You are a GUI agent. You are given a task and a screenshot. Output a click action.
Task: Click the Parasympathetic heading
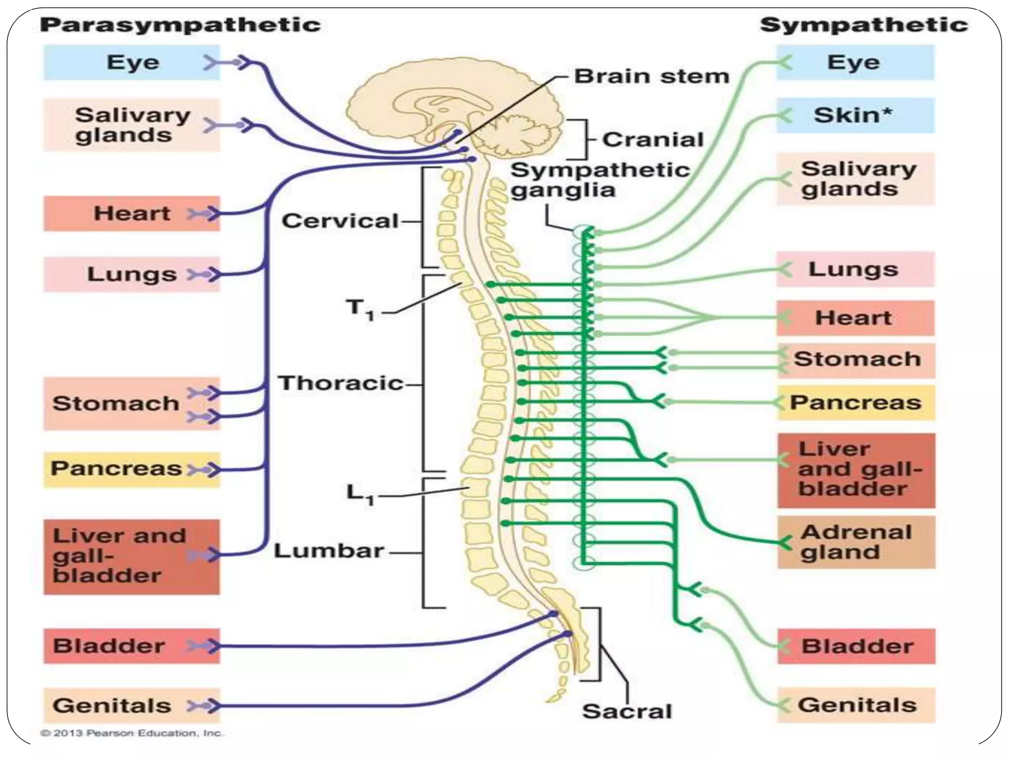pyautogui.click(x=180, y=25)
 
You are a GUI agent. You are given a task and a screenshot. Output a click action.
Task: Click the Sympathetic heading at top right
pyautogui.click(x=864, y=25)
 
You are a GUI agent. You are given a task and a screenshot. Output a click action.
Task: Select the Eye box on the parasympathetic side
pyautogui.click(x=132, y=63)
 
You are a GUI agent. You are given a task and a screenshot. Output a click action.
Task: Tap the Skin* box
pyautogui.click(x=855, y=115)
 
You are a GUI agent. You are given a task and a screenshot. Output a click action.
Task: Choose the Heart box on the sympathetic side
pyautogui.click(x=855, y=318)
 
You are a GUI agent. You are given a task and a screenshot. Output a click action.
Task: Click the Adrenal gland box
pyautogui.click(x=856, y=542)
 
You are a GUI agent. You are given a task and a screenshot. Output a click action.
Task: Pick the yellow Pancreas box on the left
pyautogui.click(x=131, y=469)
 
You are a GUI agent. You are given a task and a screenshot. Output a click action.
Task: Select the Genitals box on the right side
pyautogui.click(x=856, y=705)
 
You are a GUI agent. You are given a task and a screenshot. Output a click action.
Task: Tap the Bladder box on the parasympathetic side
pyautogui.click(x=131, y=646)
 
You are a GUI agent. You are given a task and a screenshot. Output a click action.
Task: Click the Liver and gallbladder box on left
pyautogui.click(x=131, y=556)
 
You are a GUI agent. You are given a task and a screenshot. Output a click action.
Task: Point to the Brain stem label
pyautogui.click(x=651, y=76)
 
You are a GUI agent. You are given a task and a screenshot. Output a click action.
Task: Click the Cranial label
pyautogui.click(x=653, y=140)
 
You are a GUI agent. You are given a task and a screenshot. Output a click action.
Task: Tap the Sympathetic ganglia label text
pyautogui.click(x=599, y=180)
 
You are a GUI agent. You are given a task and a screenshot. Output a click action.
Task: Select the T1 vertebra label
pyautogui.click(x=360, y=309)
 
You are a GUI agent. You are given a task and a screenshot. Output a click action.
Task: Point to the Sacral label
pyautogui.click(x=627, y=711)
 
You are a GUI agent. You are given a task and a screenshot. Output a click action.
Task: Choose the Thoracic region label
pyautogui.click(x=340, y=383)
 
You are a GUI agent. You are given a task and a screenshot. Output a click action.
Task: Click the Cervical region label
pyautogui.click(x=340, y=221)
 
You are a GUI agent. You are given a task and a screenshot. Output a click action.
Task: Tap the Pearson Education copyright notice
pyautogui.click(x=132, y=733)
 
